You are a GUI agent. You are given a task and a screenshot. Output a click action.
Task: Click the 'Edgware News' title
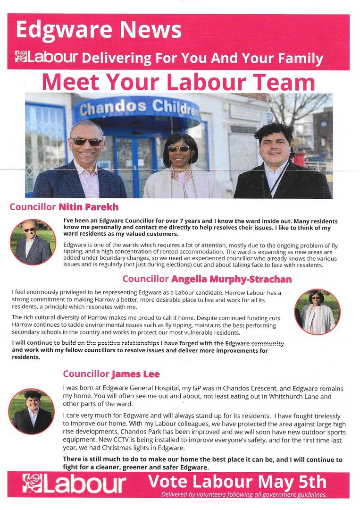[99, 30]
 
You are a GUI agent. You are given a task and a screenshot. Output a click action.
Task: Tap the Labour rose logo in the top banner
[21, 57]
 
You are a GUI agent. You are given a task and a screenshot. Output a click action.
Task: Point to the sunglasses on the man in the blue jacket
[86, 141]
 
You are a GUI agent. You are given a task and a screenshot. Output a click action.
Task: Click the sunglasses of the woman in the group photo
[178, 148]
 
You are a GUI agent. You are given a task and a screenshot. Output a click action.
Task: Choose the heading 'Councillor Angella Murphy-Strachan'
[207, 279]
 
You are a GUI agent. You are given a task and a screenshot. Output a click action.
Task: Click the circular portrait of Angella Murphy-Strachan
[317, 312]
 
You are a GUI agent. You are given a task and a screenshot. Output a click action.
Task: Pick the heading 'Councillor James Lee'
[111, 374]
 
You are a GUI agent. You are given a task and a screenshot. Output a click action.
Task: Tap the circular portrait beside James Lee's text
[32, 411]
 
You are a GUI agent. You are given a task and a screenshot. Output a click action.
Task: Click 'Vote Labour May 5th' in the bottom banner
[237, 482]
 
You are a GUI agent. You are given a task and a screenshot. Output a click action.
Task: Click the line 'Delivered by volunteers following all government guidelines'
[243, 494]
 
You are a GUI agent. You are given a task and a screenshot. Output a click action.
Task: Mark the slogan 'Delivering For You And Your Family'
[202, 58]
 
